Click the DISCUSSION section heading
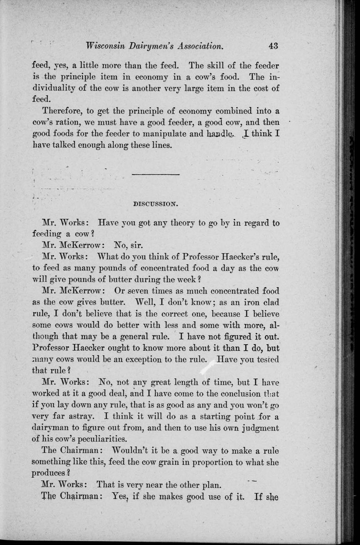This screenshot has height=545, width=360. click(x=155, y=204)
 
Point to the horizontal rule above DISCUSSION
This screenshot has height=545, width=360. click(x=155, y=174)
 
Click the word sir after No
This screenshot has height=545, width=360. click(x=134, y=246)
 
